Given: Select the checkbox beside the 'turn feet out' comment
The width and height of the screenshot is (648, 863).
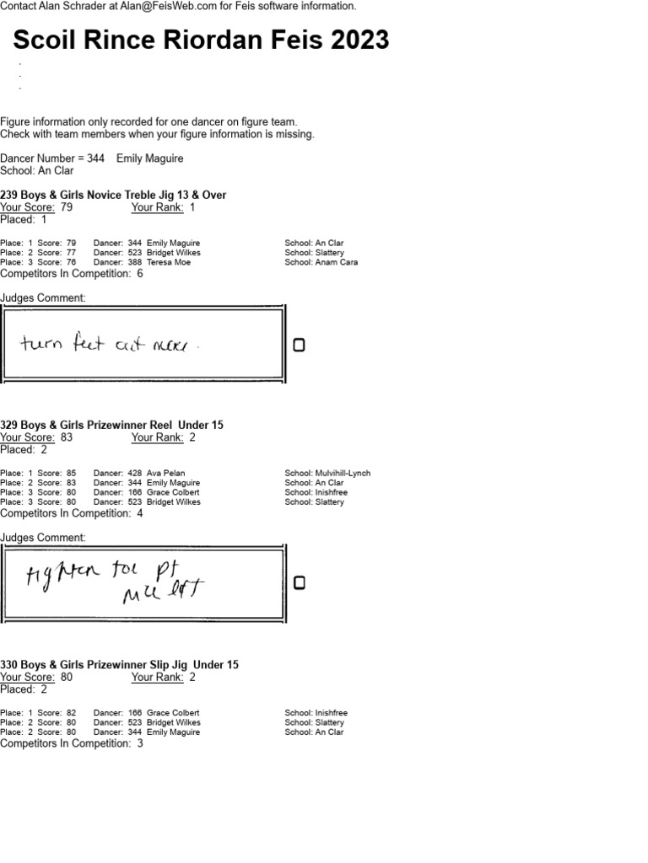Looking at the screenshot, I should (x=298, y=346).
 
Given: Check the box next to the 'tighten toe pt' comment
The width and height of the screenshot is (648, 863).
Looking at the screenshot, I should (x=298, y=583).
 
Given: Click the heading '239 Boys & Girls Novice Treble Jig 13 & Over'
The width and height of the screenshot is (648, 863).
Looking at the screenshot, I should (x=113, y=195).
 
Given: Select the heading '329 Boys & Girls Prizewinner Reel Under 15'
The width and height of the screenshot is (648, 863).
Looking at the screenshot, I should (x=111, y=425).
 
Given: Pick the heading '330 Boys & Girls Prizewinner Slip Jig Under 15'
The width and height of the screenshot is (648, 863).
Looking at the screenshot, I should (x=119, y=664).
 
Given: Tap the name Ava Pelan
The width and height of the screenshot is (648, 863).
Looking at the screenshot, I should (x=165, y=474).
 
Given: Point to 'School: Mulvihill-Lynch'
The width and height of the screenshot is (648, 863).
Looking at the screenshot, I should (x=327, y=474).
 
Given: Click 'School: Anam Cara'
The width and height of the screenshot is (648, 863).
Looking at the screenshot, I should (x=321, y=262).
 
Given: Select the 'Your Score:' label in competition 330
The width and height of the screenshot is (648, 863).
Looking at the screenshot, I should (x=28, y=677).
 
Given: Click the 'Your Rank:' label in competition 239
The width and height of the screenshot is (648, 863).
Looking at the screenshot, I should (x=158, y=207).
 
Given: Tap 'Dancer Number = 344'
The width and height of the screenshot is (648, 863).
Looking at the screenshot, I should (x=52, y=158).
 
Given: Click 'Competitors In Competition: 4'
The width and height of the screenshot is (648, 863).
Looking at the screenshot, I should (x=72, y=513).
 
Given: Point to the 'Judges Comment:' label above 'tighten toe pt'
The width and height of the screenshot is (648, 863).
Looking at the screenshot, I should (x=42, y=538).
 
